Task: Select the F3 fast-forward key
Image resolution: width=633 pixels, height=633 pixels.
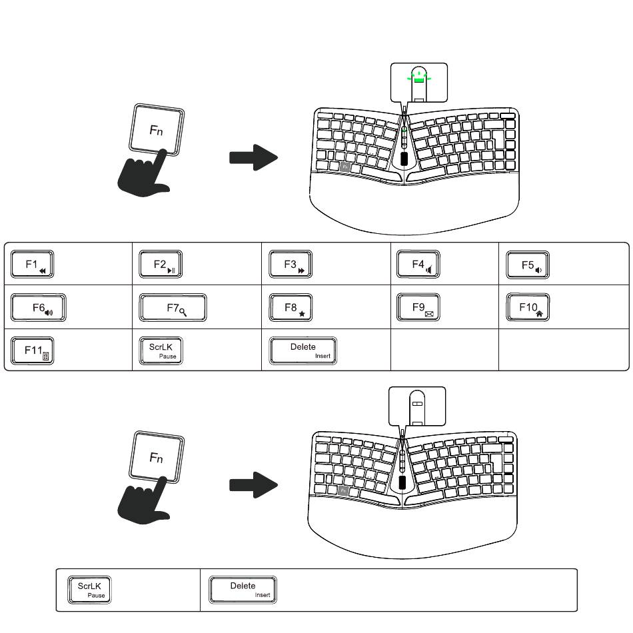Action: click(x=291, y=265)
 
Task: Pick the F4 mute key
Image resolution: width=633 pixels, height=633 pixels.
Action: click(x=418, y=265)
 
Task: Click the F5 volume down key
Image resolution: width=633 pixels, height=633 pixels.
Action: click(x=528, y=265)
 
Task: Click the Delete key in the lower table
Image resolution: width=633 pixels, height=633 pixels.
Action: click(x=243, y=590)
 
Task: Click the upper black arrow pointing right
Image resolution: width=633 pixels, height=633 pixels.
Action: click(x=253, y=158)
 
